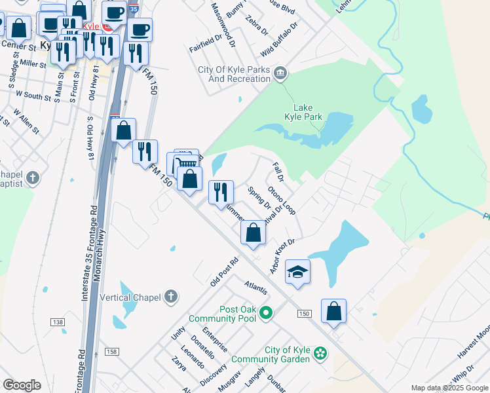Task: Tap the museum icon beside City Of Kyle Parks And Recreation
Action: click(x=280, y=73)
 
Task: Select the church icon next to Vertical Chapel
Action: click(x=170, y=297)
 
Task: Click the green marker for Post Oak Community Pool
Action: click(x=265, y=313)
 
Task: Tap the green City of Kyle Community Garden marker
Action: click(x=320, y=354)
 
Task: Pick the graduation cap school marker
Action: click(x=297, y=272)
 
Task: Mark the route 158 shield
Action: click(x=112, y=352)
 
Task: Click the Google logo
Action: click(x=22, y=385)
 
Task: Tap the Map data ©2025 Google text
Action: click(x=449, y=388)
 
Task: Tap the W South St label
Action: click(x=33, y=96)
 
